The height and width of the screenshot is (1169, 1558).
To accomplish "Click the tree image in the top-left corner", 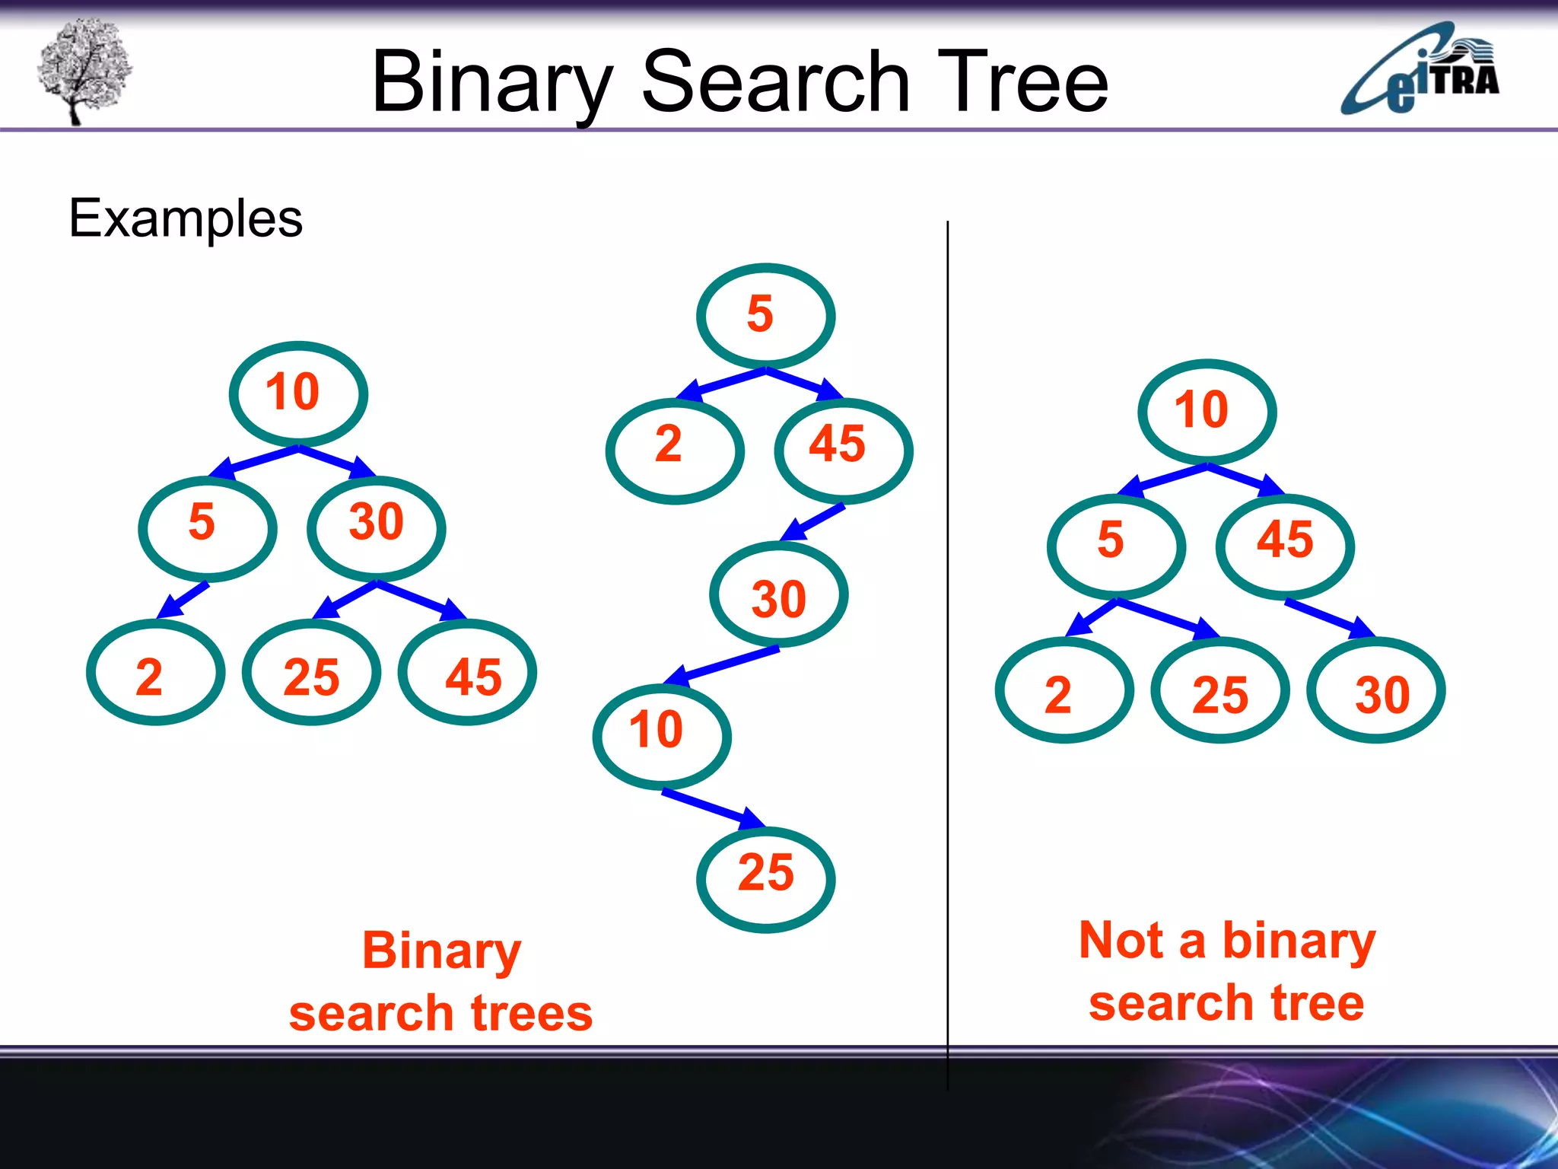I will [x=84, y=70].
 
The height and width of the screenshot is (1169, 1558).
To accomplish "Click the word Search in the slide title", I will [x=775, y=81].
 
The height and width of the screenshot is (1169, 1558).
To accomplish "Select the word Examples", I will [x=186, y=218].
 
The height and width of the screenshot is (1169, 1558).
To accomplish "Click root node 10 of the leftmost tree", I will [x=298, y=393].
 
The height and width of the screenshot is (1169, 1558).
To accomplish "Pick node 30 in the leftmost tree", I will [x=376, y=527].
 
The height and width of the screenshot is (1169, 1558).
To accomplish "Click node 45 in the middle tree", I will [x=843, y=449].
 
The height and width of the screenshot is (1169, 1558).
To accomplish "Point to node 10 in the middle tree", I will [x=661, y=736].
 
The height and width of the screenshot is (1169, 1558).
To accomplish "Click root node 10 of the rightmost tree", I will [x=1207, y=412].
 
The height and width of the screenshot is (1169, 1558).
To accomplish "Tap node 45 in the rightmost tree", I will [x=1285, y=546].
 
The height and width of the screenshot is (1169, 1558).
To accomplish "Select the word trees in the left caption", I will [x=530, y=1015].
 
